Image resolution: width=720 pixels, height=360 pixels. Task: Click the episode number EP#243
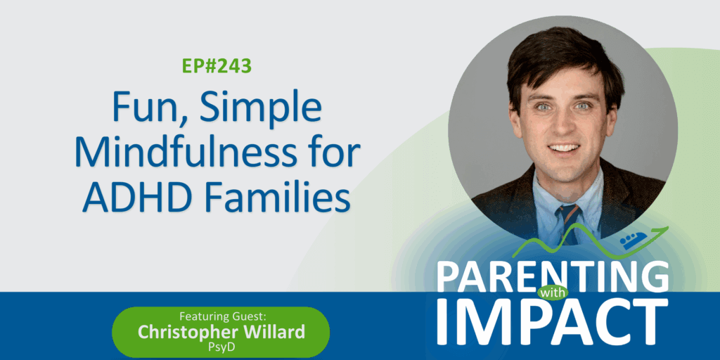click(x=217, y=66)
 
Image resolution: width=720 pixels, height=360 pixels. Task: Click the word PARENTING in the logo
click(x=553, y=276)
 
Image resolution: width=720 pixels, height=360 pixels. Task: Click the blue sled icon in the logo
click(x=634, y=240)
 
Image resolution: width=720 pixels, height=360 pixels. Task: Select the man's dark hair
click(x=562, y=60)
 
